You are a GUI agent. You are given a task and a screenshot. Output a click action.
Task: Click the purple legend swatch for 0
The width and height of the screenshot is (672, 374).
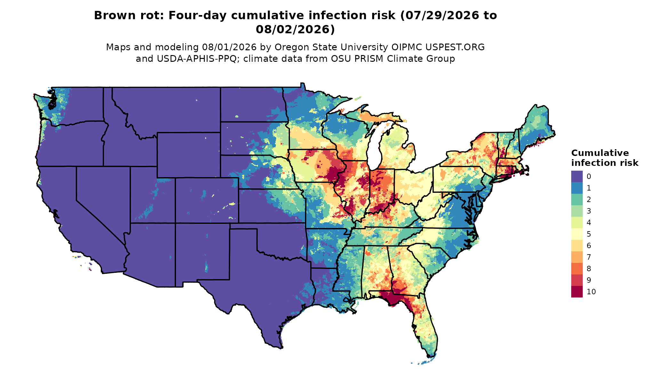point(577,176)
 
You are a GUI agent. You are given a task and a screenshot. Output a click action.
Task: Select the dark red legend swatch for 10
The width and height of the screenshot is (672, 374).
point(577,292)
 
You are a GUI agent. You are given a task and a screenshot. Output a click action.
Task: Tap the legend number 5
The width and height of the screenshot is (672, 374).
point(589,234)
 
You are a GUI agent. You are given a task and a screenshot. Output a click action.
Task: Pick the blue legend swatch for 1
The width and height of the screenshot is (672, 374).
point(577,188)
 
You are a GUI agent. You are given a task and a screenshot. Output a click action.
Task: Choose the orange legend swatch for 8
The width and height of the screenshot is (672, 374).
point(577,269)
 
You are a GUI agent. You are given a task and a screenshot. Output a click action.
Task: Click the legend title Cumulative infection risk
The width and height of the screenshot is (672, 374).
point(604,158)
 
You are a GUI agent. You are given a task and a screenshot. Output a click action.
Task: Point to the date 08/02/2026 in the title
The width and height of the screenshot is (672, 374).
point(295,29)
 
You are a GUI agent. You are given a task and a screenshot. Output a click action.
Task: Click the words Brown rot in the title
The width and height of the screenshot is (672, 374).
point(128,15)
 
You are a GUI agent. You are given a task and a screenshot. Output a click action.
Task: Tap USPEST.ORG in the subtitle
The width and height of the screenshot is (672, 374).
point(455,47)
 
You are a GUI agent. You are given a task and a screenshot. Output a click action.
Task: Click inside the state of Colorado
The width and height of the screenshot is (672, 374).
point(207,200)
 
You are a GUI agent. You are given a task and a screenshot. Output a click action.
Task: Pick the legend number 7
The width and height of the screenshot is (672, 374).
point(589,257)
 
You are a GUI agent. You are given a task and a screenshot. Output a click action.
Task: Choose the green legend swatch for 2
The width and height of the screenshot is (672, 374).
point(577,199)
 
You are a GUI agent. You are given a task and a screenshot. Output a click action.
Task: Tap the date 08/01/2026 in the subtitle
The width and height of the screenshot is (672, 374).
point(229,47)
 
